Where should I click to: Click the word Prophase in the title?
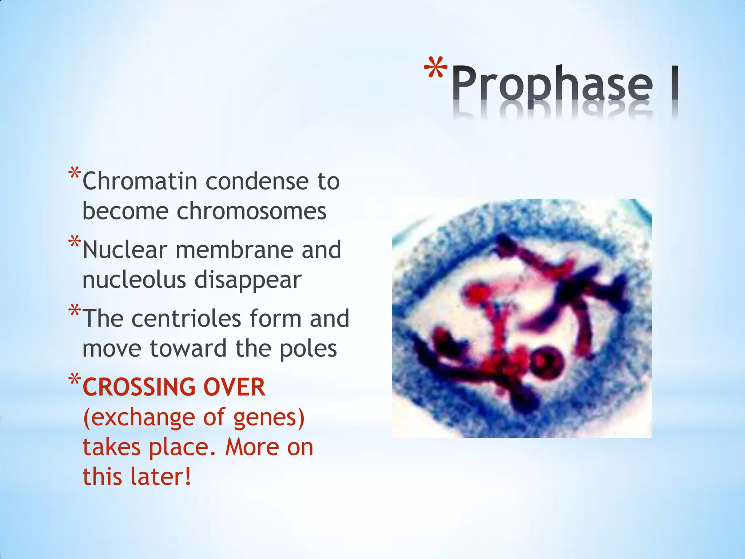point(552,84)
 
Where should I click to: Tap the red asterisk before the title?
point(435,69)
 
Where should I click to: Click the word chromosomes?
point(251,211)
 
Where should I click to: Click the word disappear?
point(248,281)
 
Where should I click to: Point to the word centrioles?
point(186,318)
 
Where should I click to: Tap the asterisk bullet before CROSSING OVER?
point(75,380)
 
